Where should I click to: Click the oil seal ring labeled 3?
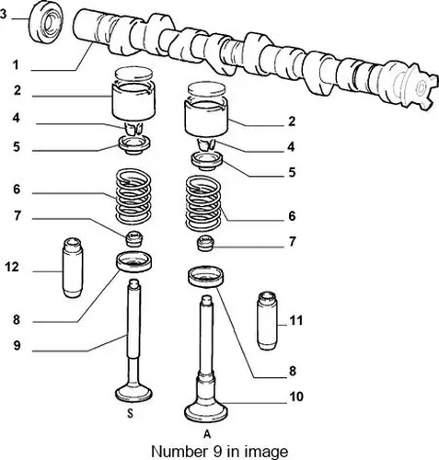(x=46, y=22)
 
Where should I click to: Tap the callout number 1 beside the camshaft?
(x=16, y=65)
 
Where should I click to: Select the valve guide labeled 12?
(x=73, y=268)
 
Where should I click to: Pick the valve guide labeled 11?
(x=267, y=321)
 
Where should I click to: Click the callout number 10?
(x=296, y=397)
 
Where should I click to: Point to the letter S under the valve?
(x=131, y=414)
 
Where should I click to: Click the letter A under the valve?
(x=207, y=434)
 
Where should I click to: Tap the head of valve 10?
(x=206, y=411)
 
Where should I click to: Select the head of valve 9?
(x=133, y=394)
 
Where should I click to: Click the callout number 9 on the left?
(x=17, y=346)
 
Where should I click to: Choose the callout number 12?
(x=12, y=267)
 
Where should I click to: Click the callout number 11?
(x=296, y=321)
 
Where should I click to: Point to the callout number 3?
(x=3, y=15)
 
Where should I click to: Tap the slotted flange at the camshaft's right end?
(x=420, y=87)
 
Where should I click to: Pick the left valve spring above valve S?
(x=133, y=196)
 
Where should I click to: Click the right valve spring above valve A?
(x=203, y=203)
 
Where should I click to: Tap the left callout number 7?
(x=17, y=216)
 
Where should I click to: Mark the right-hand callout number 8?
(x=293, y=372)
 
